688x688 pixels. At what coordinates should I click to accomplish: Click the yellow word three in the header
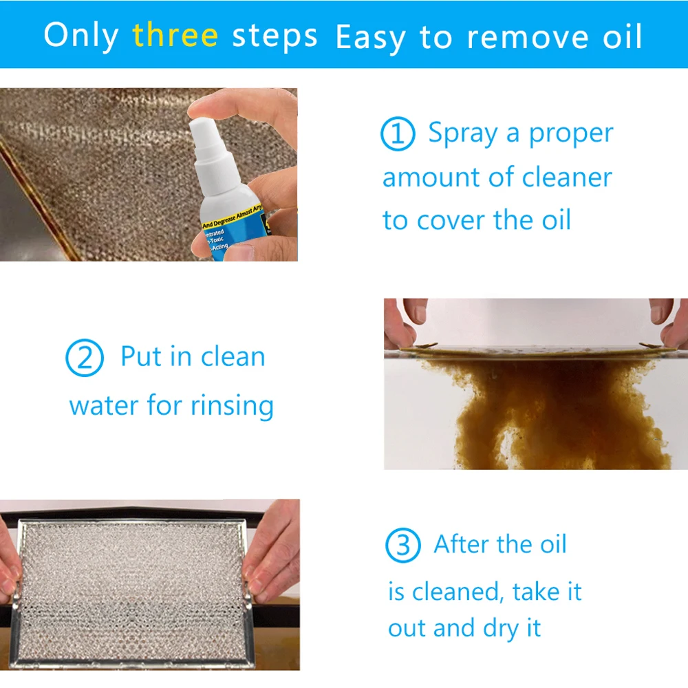[175, 35]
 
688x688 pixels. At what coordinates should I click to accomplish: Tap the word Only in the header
[80, 35]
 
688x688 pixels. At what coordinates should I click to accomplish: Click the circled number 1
[398, 135]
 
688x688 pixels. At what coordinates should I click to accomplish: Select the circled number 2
[84, 359]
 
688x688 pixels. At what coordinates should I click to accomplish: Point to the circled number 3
[402, 546]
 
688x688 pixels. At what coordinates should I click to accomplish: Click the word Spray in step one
[462, 133]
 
